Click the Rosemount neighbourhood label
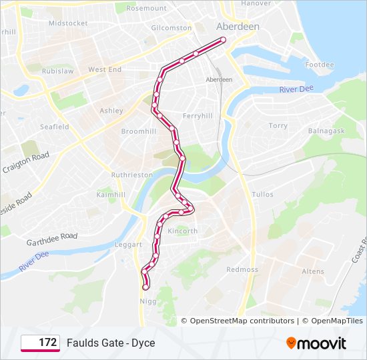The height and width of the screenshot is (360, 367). (x=146, y=8)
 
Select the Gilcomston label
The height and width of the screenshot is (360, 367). (x=171, y=28)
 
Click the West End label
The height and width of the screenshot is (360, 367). (x=105, y=69)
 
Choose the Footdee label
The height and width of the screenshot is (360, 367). (x=319, y=65)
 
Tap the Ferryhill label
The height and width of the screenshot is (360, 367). (x=197, y=115)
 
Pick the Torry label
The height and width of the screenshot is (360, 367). (x=278, y=125)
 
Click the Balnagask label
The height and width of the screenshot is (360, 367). (x=326, y=131)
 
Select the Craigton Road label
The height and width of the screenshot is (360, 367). (x=26, y=161)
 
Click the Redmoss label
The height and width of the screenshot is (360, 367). (x=242, y=269)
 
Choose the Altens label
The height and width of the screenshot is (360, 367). (x=312, y=271)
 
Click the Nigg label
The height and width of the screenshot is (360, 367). (x=147, y=301)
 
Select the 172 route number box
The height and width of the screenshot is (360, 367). (x=40, y=343)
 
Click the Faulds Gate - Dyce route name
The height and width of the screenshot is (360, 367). (x=111, y=343)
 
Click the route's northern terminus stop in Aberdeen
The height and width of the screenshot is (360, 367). (x=223, y=40)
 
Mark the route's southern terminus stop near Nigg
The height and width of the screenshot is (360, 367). (x=146, y=287)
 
